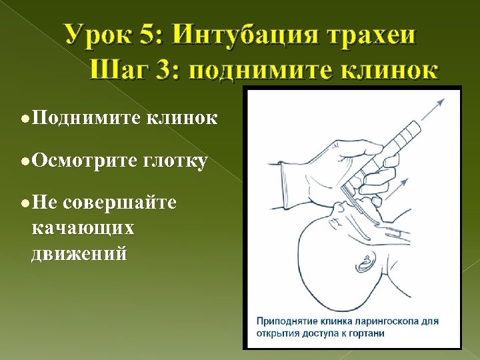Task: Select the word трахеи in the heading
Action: point(377,35)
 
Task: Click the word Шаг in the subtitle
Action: point(119,69)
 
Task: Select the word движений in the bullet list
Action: point(79,253)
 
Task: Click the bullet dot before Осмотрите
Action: point(23,160)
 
